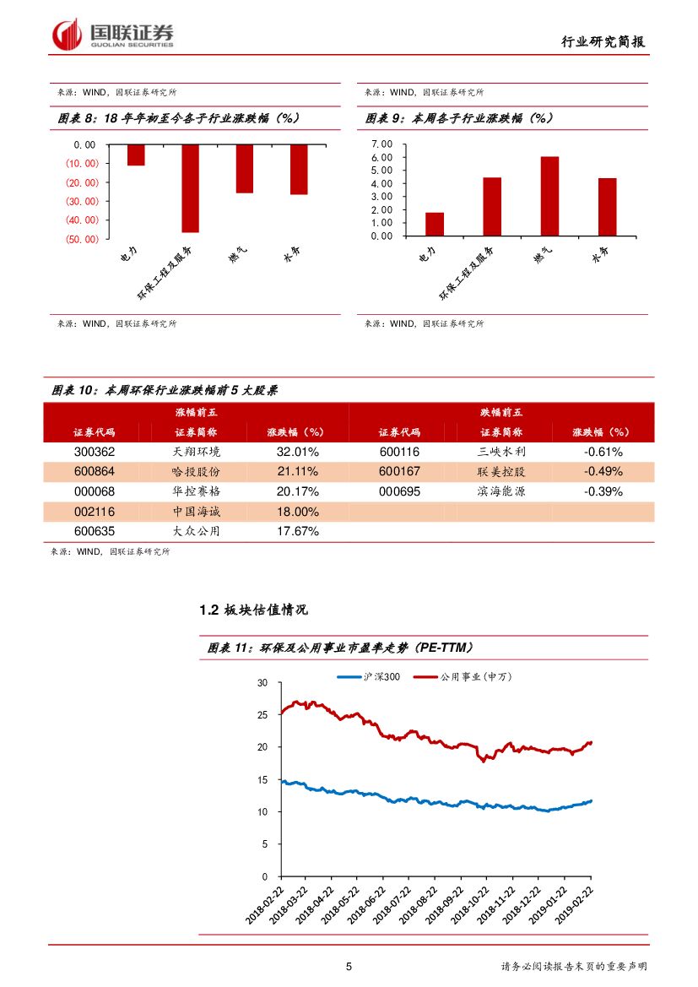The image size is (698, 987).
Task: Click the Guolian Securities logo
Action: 113,35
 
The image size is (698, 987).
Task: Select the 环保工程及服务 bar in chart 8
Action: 190,187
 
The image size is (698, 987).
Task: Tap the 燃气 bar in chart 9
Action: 549,196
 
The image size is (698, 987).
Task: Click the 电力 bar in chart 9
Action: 435,224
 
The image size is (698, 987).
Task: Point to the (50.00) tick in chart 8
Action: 81,239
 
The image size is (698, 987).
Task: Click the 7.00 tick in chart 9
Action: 382,144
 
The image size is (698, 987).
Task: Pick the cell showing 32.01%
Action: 297,452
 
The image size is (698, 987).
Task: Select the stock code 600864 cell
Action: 95,471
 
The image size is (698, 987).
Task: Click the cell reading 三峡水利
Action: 501,452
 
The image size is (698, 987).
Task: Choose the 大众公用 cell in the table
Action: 196,532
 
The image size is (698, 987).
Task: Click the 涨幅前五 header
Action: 196,412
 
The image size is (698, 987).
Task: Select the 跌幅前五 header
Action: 501,412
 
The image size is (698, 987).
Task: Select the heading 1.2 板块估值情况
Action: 253,610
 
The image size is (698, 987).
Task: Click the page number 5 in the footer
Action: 349,967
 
